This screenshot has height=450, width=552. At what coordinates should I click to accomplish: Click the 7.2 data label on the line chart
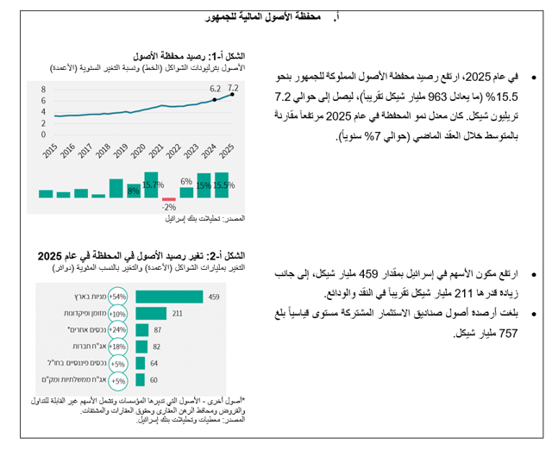click(233, 88)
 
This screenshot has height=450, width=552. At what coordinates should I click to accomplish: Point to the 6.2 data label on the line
click(215, 89)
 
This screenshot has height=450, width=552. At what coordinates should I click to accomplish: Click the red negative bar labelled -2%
click(170, 198)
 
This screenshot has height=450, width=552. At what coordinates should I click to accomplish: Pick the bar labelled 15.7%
click(152, 184)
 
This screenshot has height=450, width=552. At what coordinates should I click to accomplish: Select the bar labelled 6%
click(187, 189)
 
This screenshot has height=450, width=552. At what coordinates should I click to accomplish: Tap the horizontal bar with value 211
click(152, 314)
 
